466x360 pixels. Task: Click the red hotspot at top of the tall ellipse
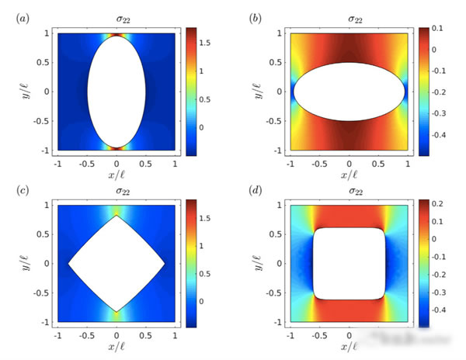[116, 36]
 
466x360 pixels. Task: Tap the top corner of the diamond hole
[116, 216]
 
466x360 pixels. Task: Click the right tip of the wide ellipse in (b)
[405, 92]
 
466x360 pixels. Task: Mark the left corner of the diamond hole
[68, 264]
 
